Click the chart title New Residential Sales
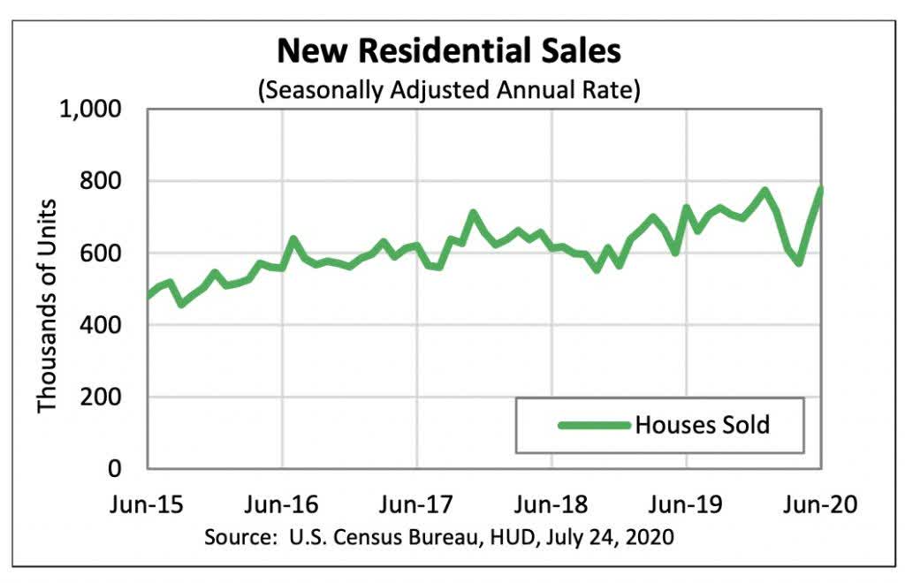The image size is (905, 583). tap(449, 51)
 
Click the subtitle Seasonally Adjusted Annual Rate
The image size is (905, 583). tap(449, 90)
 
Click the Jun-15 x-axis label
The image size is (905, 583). tap(146, 504)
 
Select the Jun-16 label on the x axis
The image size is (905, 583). tap(282, 504)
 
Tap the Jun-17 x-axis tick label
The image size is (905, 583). tap(416, 504)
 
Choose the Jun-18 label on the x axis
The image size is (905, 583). tap(551, 504)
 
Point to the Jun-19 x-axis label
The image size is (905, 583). tap(686, 504)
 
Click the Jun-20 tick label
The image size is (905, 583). tap(820, 504)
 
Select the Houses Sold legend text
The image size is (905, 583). tap(703, 425)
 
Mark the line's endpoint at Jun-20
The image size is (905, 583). tap(821, 189)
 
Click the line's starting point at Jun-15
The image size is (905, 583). tap(148, 297)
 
